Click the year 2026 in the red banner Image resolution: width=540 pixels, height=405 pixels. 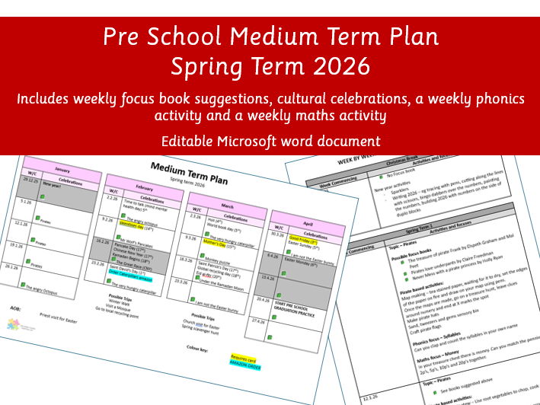tap(340, 66)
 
